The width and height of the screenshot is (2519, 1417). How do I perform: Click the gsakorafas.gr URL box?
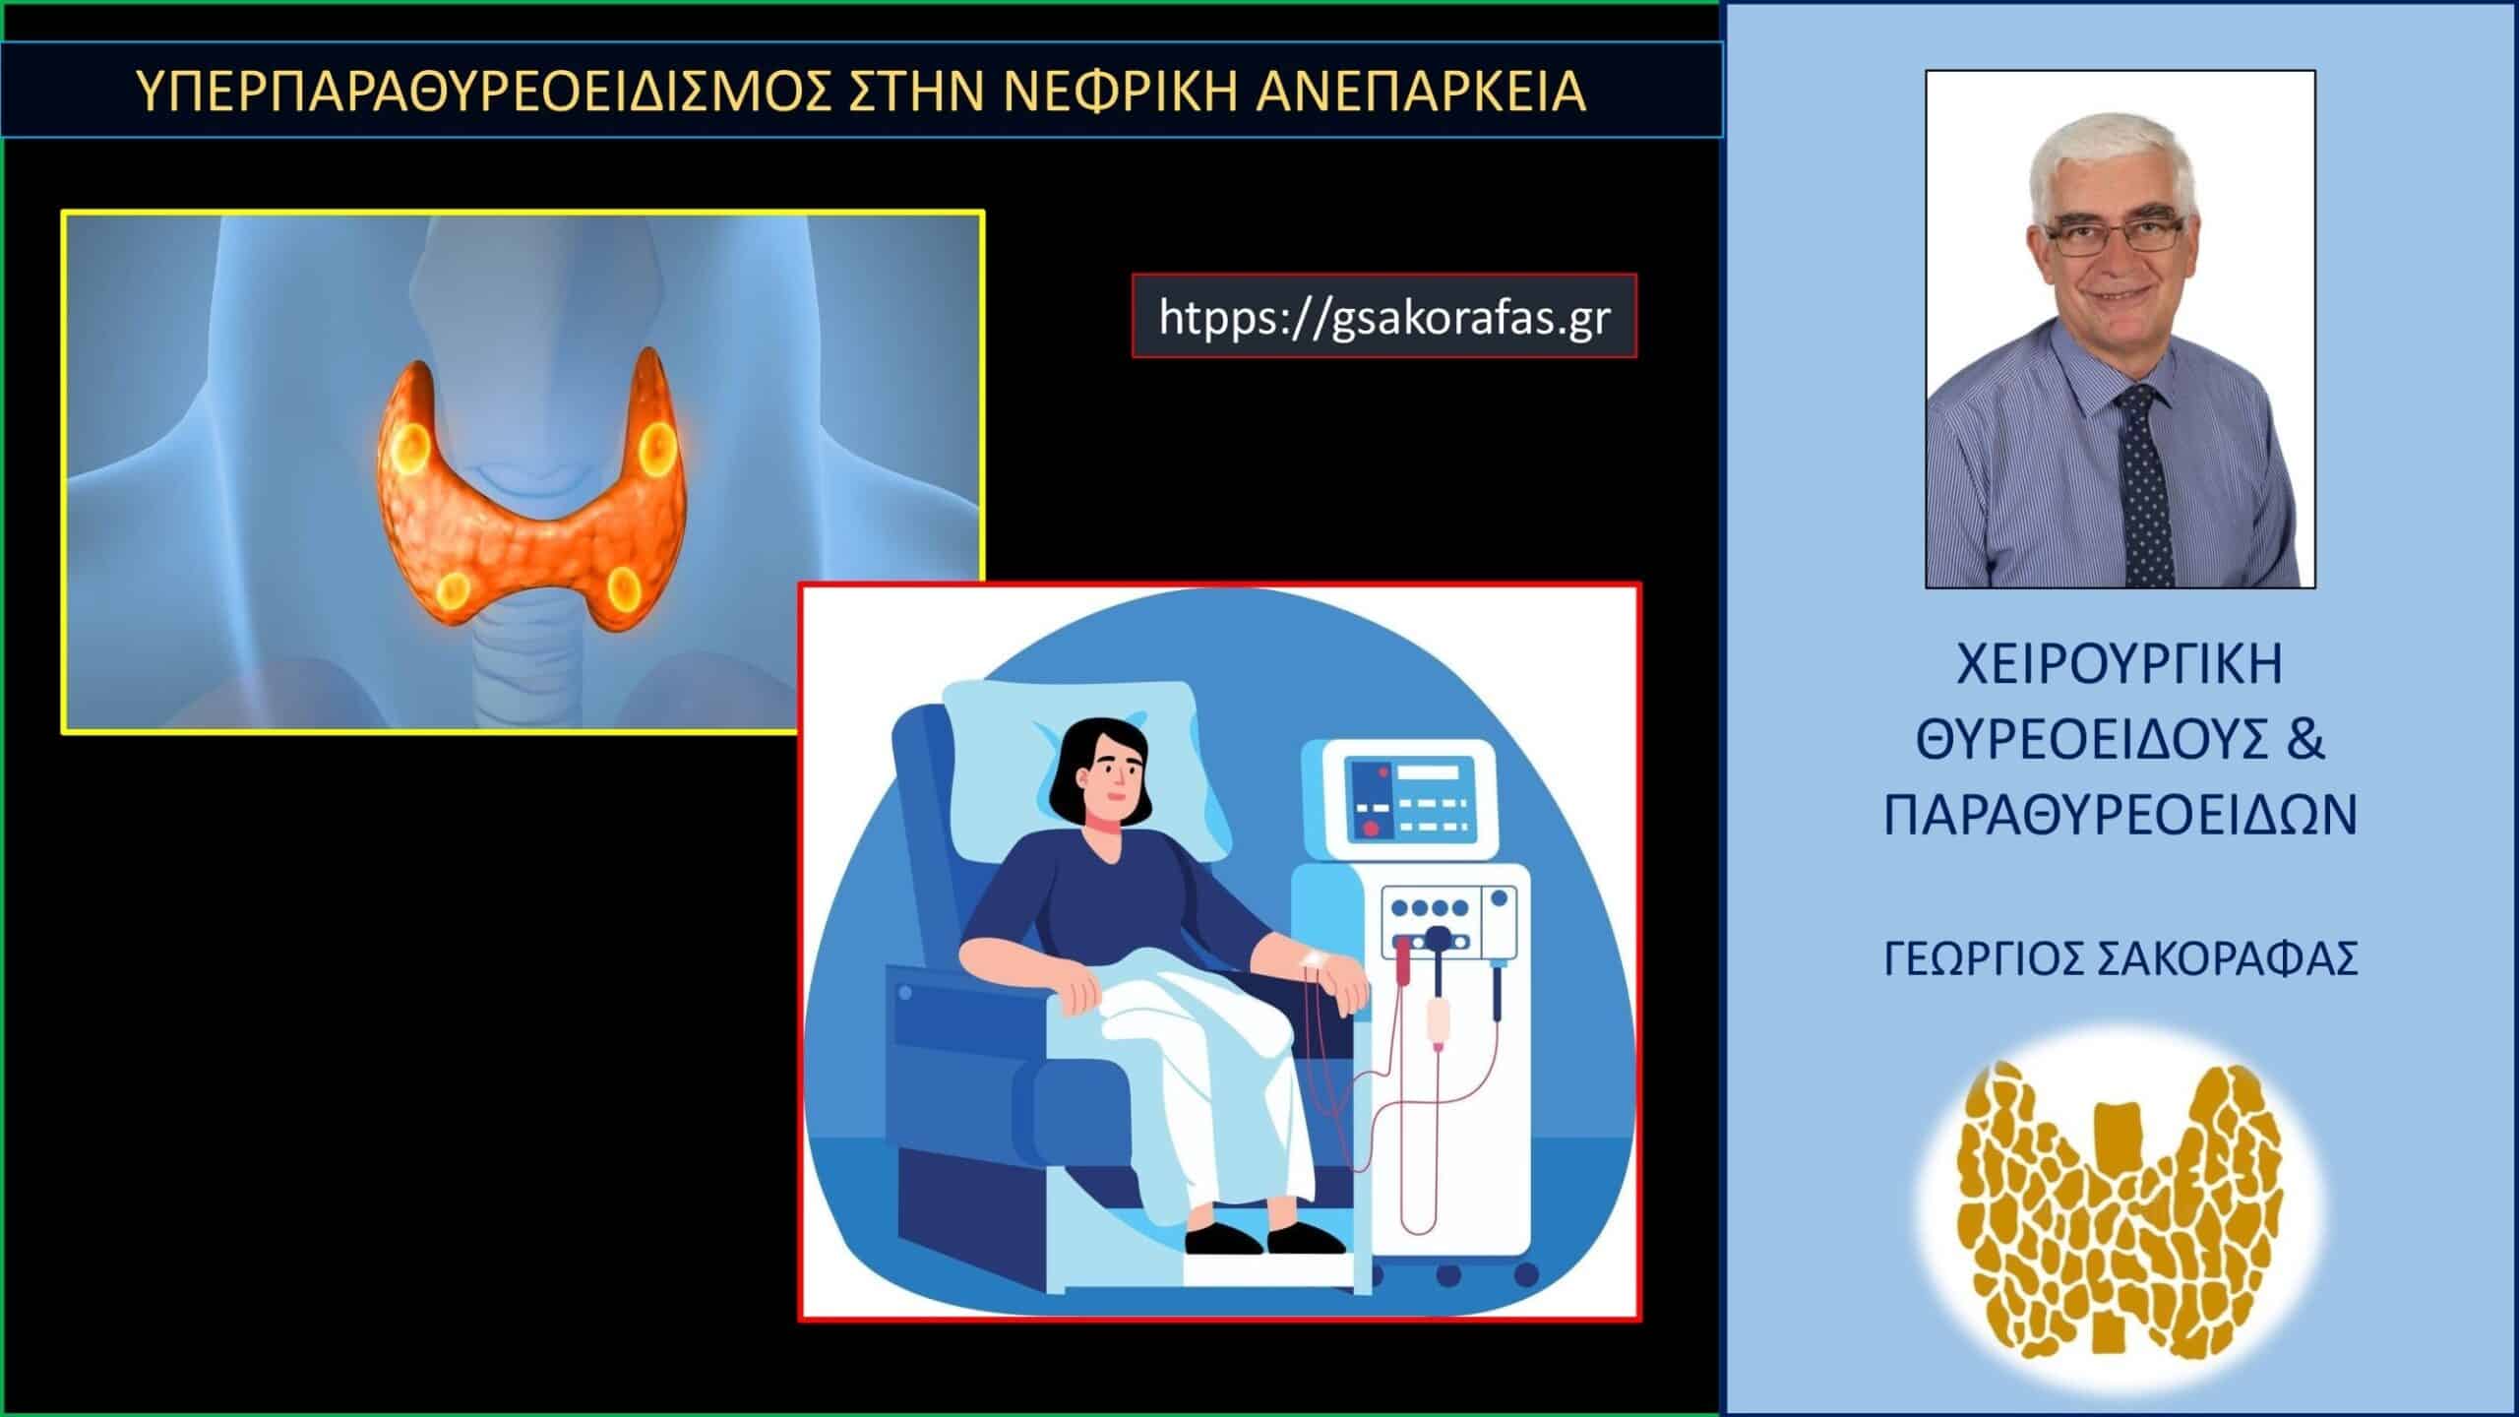(1383, 316)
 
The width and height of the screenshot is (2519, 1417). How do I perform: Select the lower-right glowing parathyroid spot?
(624, 587)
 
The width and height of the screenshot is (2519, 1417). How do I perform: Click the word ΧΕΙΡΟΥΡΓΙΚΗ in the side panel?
(2120, 666)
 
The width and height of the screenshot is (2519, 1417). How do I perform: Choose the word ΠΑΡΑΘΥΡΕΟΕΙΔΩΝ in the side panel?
(2120, 817)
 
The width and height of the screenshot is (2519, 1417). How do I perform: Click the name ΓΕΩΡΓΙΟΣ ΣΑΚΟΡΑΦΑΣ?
(2120, 958)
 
